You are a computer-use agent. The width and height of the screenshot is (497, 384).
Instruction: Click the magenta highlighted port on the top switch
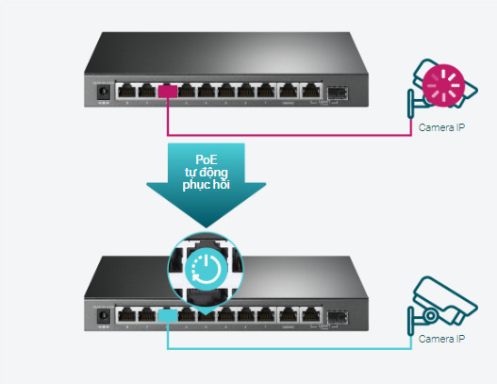[168, 92]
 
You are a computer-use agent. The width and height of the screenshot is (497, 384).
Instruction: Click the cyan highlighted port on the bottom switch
[168, 315]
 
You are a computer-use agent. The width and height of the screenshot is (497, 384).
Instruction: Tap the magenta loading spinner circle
[443, 85]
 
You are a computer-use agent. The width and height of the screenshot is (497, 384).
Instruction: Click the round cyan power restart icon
[206, 269]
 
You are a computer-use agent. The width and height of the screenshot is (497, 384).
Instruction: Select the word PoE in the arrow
[207, 159]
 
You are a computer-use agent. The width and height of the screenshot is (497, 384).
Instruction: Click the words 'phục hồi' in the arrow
[206, 185]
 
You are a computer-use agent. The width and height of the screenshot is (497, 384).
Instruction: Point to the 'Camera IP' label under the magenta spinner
[441, 127]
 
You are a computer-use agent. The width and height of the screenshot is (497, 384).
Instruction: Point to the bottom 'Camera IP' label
[441, 339]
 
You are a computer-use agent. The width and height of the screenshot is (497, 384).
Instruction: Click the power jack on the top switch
[104, 92]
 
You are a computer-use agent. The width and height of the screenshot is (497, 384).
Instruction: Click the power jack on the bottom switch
[104, 316]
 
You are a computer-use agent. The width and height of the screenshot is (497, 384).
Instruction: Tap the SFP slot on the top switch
[338, 92]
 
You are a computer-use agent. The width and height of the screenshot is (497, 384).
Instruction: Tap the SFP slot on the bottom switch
[338, 317]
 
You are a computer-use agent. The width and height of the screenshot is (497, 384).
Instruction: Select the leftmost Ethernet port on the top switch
[126, 92]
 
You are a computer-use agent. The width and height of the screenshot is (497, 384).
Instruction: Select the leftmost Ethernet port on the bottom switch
[126, 315]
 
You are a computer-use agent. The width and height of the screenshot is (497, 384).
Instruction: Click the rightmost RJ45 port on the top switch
[311, 92]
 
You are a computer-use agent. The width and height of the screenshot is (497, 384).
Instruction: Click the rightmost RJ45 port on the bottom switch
[311, 315]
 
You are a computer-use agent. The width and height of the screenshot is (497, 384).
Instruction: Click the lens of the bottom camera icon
[430, 315]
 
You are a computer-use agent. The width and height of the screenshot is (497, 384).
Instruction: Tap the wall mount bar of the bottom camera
[411, 321]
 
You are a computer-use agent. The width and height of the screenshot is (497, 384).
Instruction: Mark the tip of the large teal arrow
[206, 227]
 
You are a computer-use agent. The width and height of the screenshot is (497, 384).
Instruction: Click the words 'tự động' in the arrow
[207, 172]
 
